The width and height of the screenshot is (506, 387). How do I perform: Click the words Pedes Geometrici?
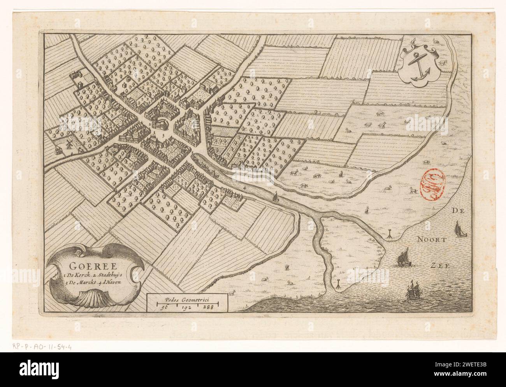click(x=187, y=299)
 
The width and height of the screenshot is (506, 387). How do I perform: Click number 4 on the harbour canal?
click(x=244, y=188)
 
